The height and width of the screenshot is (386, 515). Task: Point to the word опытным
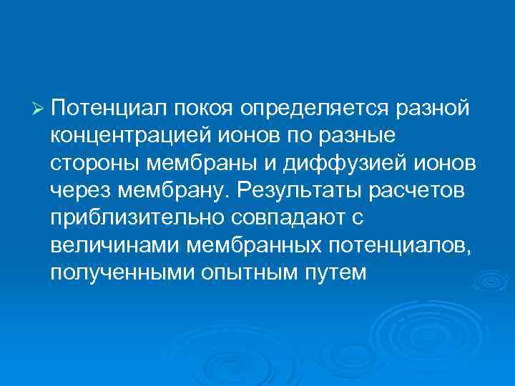250,273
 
